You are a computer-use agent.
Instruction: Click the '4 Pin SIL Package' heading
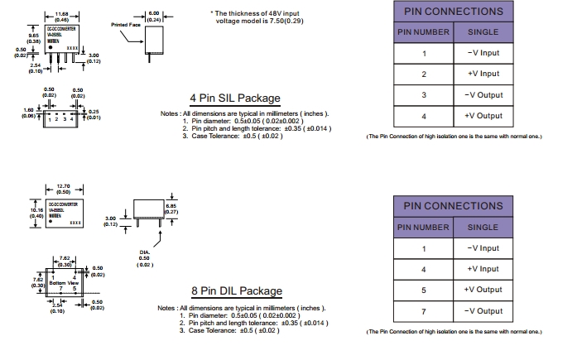(234, 98)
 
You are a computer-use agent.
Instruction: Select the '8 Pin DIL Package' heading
(235, 291)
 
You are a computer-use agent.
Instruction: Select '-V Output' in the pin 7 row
(483, 311)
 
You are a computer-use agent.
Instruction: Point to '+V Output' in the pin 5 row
(483, 290)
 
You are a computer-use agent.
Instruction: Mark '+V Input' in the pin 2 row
(483, 74)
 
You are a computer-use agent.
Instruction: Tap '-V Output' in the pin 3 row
(483, 95)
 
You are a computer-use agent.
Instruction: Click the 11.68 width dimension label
(62, 13)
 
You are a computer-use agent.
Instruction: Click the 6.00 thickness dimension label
(154, 13)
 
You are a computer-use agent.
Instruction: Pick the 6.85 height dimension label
(171, 206)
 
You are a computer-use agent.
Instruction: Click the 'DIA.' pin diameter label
(145, 252)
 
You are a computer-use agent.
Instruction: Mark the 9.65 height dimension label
(34, 36)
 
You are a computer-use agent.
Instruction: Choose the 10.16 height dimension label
(34, 210)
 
